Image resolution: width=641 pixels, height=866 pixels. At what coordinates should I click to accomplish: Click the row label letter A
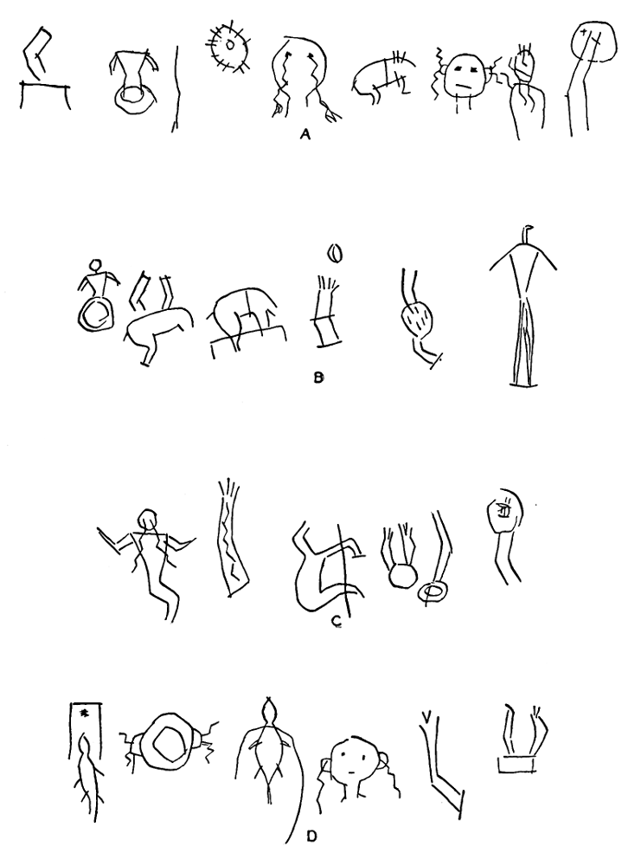305,133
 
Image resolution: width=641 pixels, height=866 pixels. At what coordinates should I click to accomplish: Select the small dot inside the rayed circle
230,42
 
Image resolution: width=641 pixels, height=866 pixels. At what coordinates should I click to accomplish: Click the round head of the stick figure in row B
97,264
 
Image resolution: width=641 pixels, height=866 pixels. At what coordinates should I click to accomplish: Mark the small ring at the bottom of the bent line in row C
432,592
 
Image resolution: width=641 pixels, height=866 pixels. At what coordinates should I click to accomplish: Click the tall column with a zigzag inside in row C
231,536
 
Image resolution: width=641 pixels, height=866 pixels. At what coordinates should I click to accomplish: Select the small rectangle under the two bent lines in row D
516,764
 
